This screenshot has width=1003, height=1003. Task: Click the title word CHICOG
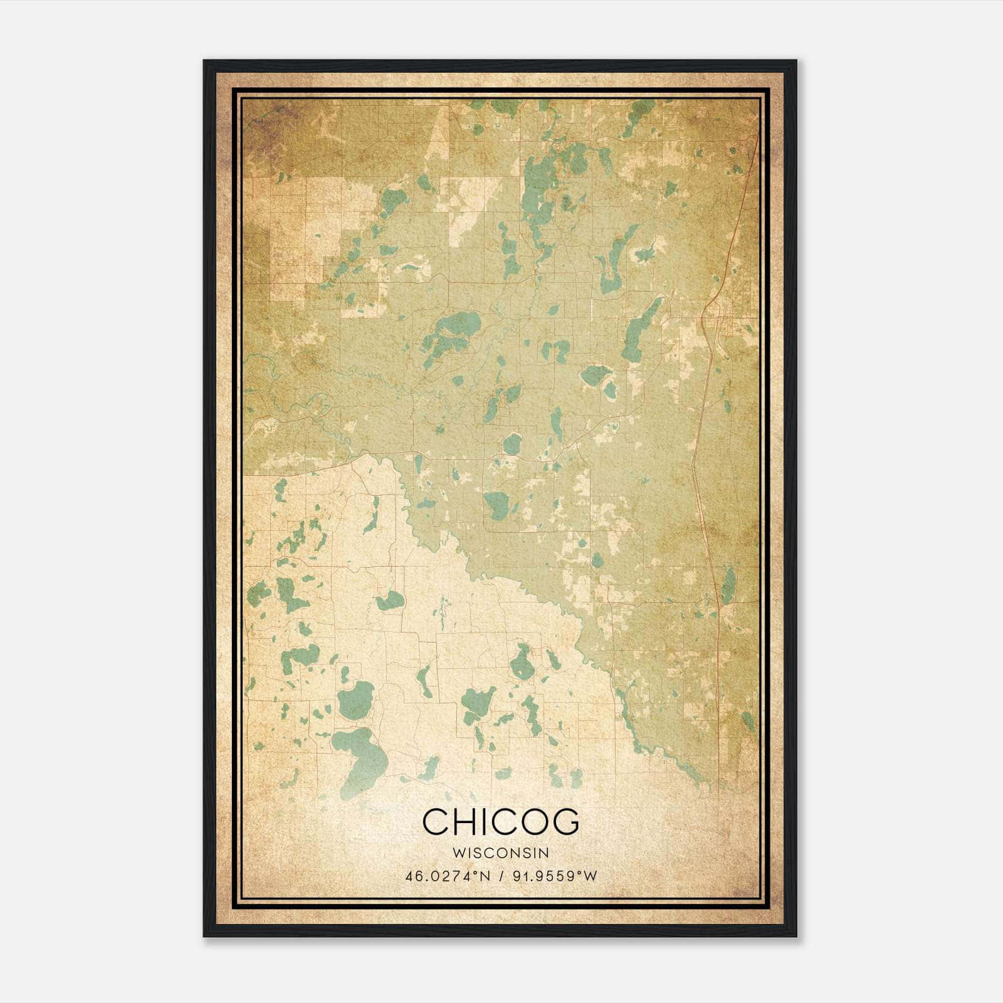coord(501,822)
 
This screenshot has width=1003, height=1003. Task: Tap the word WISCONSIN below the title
coord(501,853)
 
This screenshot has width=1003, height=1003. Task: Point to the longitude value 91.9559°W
coord(555,876)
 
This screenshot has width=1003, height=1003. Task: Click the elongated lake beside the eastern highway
coord(728,586)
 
